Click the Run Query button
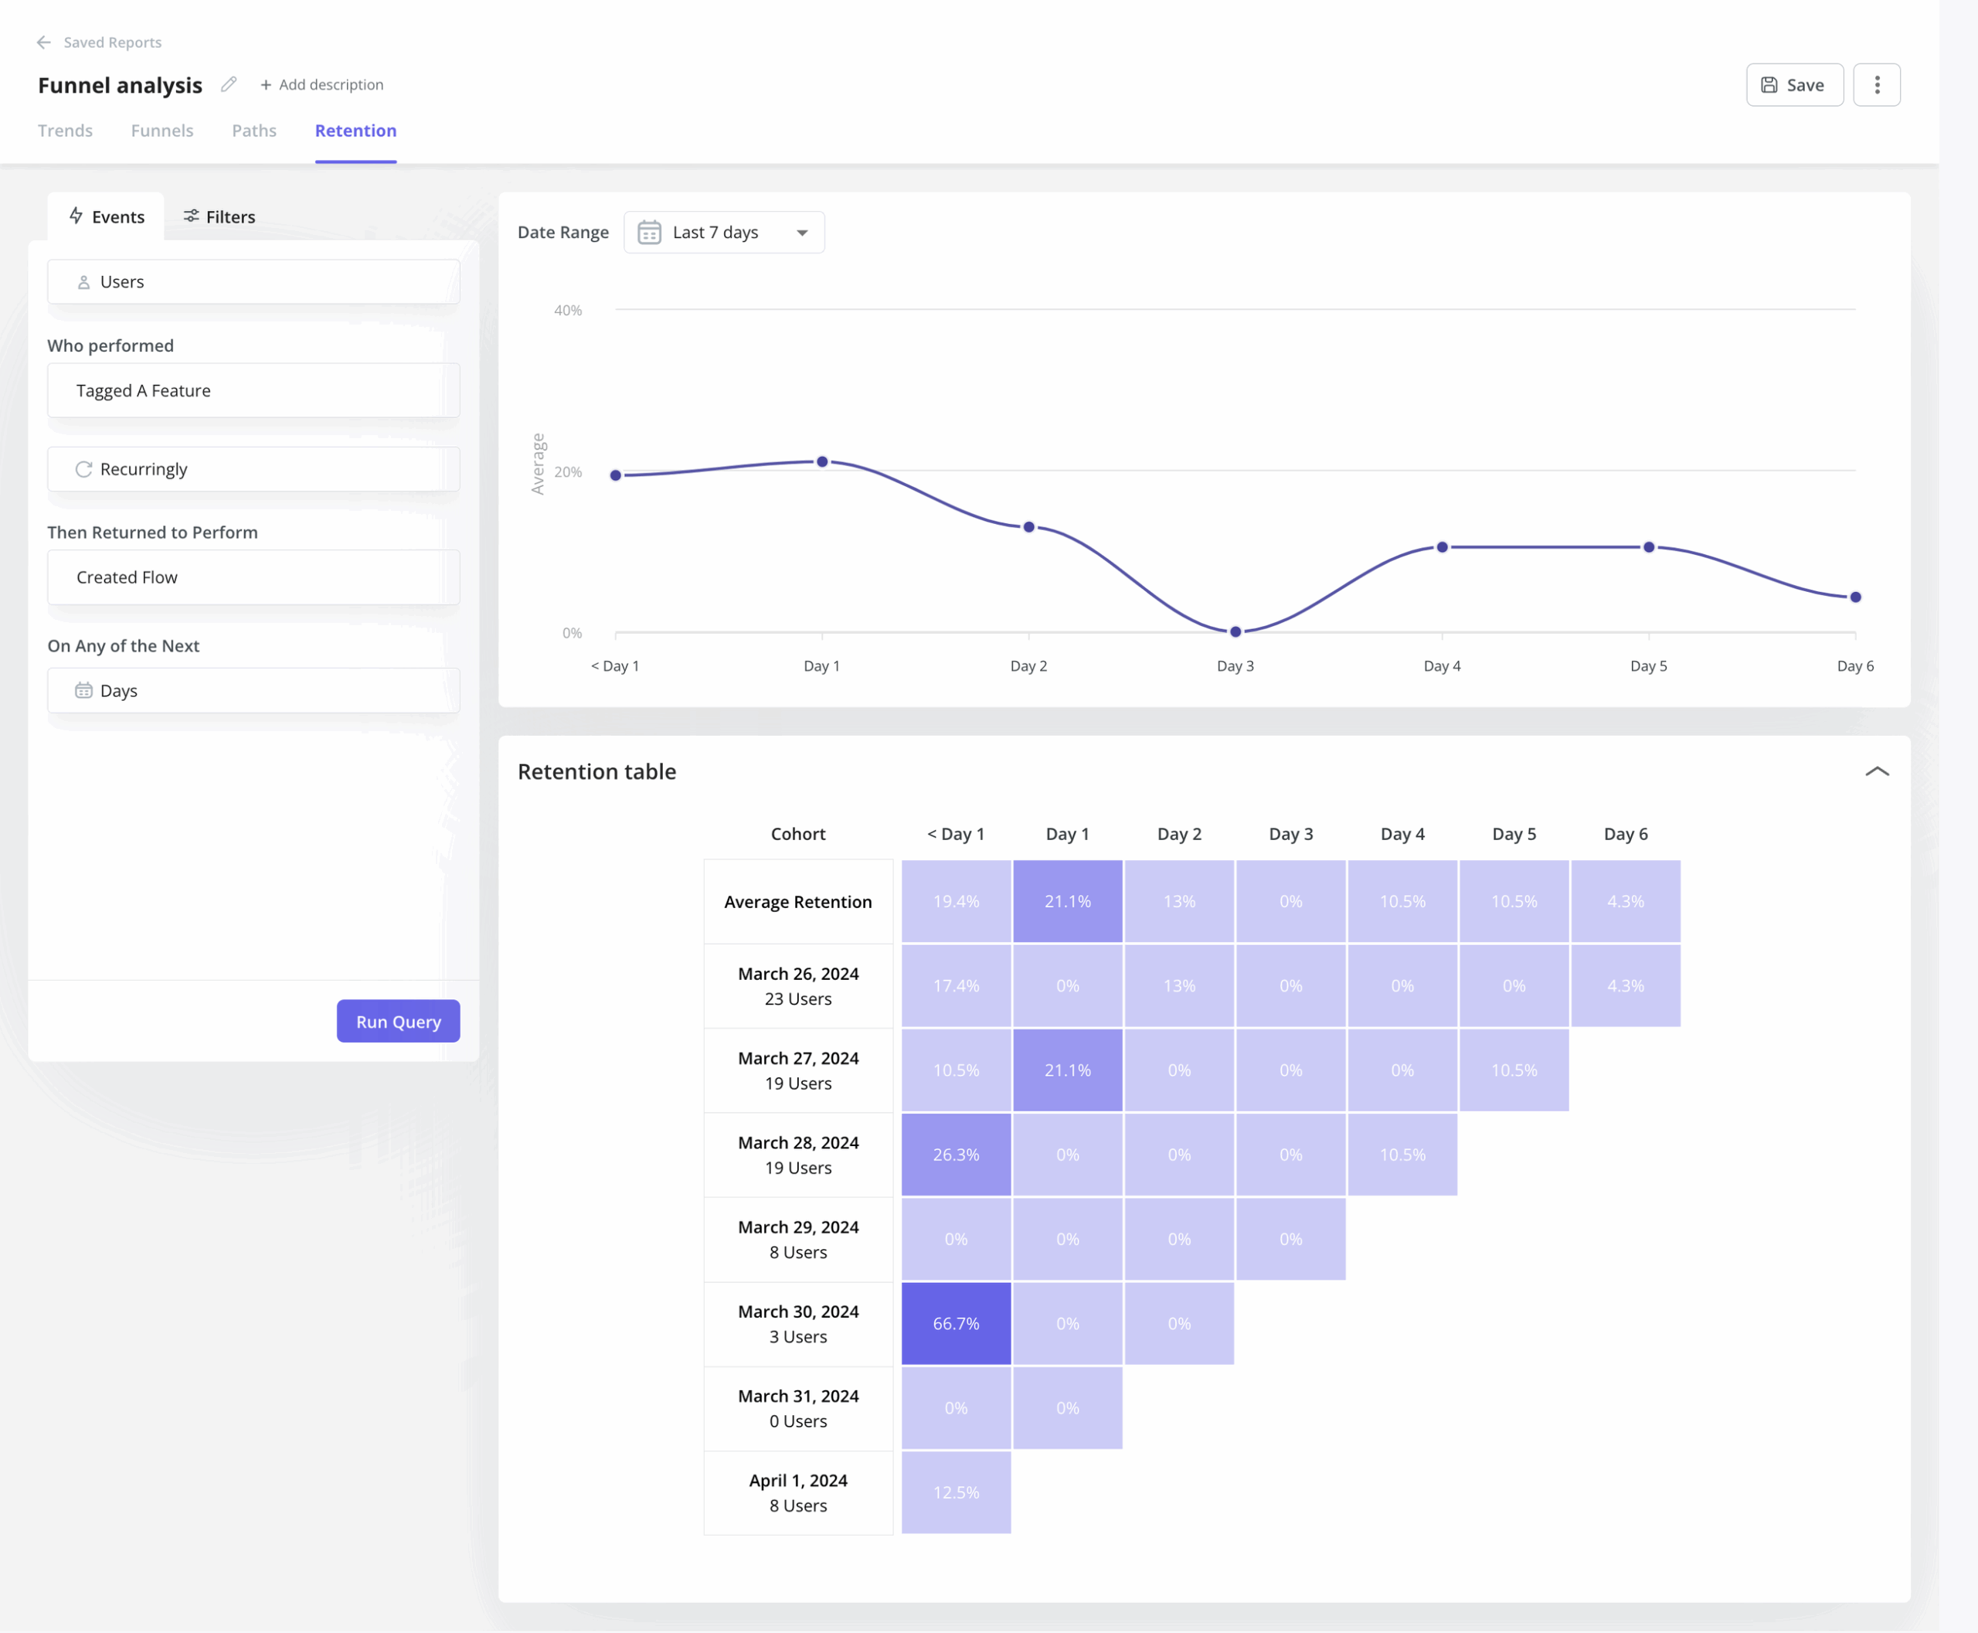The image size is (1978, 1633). click(x=398, y=1021)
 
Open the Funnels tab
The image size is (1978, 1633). click(x=161, y=131)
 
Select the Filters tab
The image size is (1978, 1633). click(x=219, y=216)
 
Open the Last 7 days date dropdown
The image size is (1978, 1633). click(x=723, y=233)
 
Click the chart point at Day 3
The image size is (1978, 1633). click(x=1235, y=631)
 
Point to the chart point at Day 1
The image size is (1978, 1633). click(x=822, y=462)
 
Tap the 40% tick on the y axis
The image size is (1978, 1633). click(x=567, y=311)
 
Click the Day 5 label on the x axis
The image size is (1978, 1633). click(x=1648, y=666)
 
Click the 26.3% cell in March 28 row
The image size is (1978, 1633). click(x=956, y=1154)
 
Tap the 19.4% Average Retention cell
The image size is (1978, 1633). click(x=956, y=901)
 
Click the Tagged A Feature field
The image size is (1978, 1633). click(x=253, y=390)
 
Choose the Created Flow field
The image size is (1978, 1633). click(x=253, y=577)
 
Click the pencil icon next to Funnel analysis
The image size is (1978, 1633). click(x=229, y=85)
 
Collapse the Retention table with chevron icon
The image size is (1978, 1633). click(x=1877, y=771)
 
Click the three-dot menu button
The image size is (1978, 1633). click(x=1877, y=85)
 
